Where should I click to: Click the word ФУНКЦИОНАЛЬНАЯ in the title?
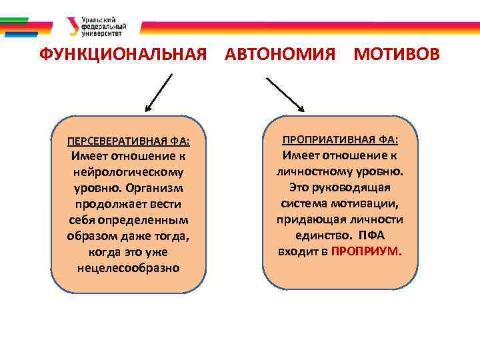coord(123,55)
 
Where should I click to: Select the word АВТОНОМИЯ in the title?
coord(280,55)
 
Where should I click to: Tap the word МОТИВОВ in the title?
coord(397,55)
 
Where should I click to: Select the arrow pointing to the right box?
coord(285,94)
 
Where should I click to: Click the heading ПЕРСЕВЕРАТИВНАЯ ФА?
coord(128,141)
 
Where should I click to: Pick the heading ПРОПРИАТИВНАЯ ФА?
coord(340,140)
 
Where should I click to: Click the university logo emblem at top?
coord(73,26)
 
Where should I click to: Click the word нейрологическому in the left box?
coord(128,171)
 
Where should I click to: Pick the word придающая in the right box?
coord(311,219)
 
